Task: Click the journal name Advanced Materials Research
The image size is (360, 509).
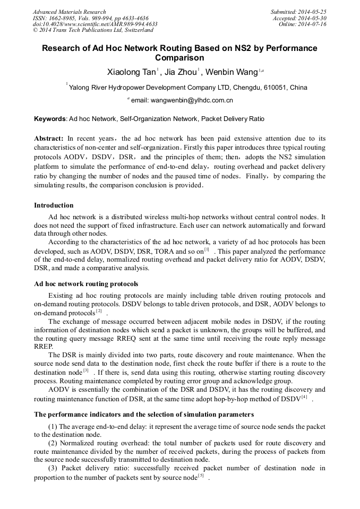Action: coord(69,12)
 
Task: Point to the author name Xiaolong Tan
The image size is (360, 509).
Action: coord(131,72)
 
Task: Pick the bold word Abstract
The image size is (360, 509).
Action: coord(49,138)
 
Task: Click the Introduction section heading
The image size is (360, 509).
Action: coord(54,205)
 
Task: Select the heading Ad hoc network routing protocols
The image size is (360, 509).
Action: coord(86,284)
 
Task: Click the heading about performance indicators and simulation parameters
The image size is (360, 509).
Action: coord(144,414)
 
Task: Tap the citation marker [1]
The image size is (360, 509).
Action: coord(207,248)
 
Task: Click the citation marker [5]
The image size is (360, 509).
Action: coord(201,476)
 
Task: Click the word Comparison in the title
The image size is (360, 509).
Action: coord(179,58)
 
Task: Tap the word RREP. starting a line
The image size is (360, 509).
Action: coord(44,346)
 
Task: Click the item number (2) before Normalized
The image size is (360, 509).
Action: coord(54,443)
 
